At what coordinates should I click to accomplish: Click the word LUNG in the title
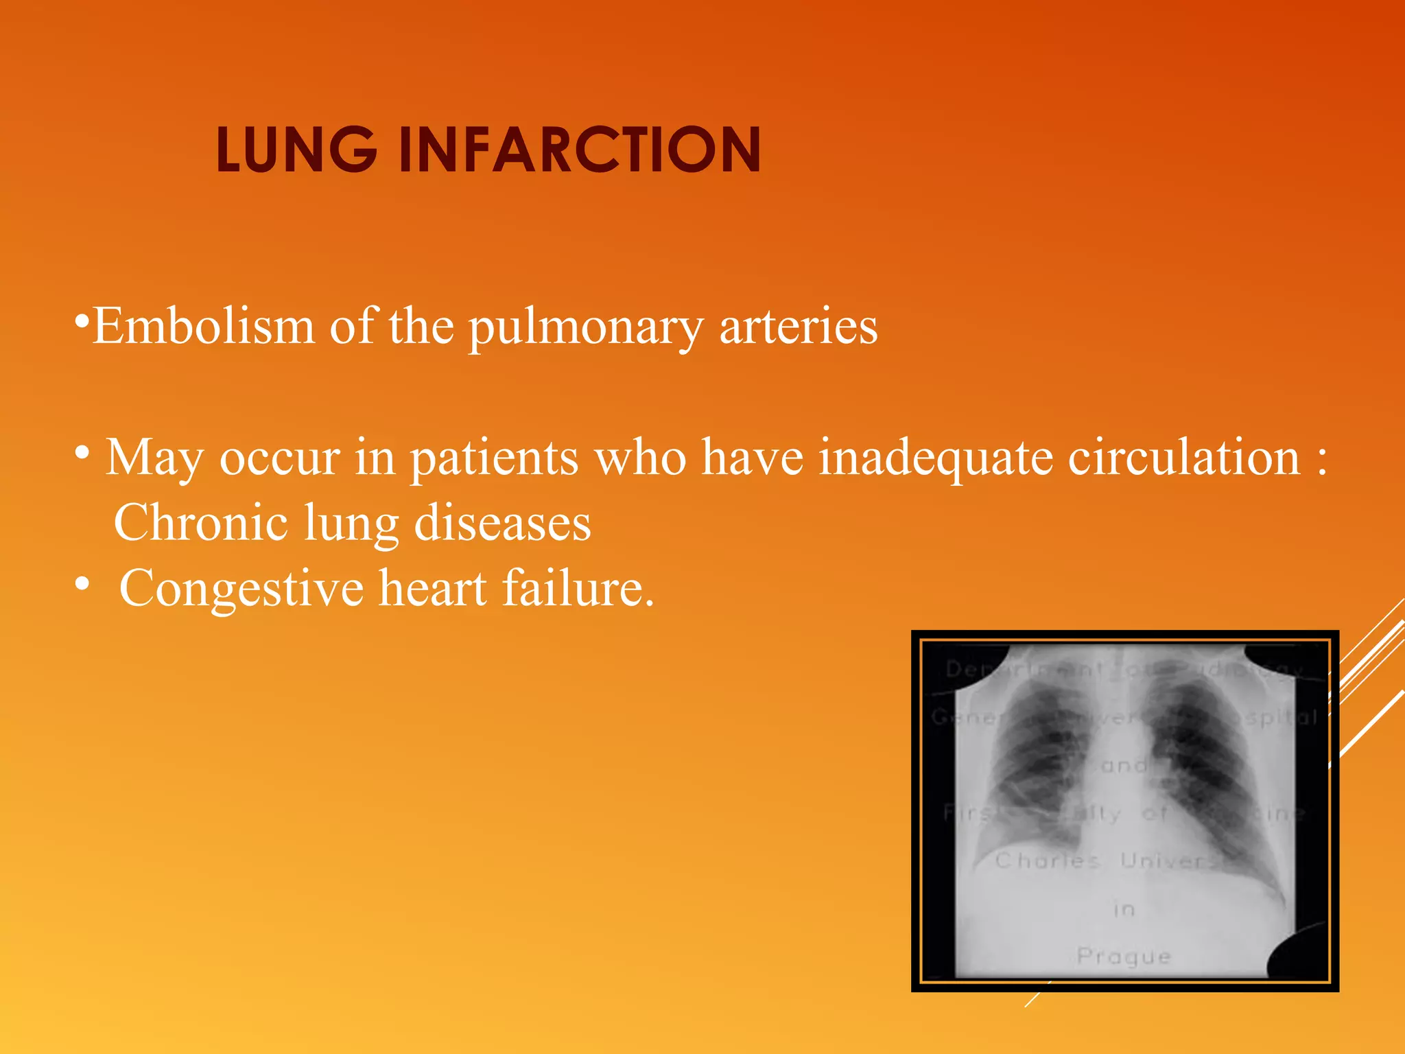296,150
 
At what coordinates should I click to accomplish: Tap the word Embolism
204,326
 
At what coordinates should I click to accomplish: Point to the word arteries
798,326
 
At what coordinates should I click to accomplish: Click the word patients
494,458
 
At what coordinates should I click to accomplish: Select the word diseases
503,523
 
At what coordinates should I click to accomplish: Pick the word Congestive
241,589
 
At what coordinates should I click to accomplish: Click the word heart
433,589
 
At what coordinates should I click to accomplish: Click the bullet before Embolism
82,320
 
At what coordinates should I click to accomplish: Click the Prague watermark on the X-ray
1124,956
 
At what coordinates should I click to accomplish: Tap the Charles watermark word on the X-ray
1047,860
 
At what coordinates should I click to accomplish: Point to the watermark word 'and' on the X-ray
1123,765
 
